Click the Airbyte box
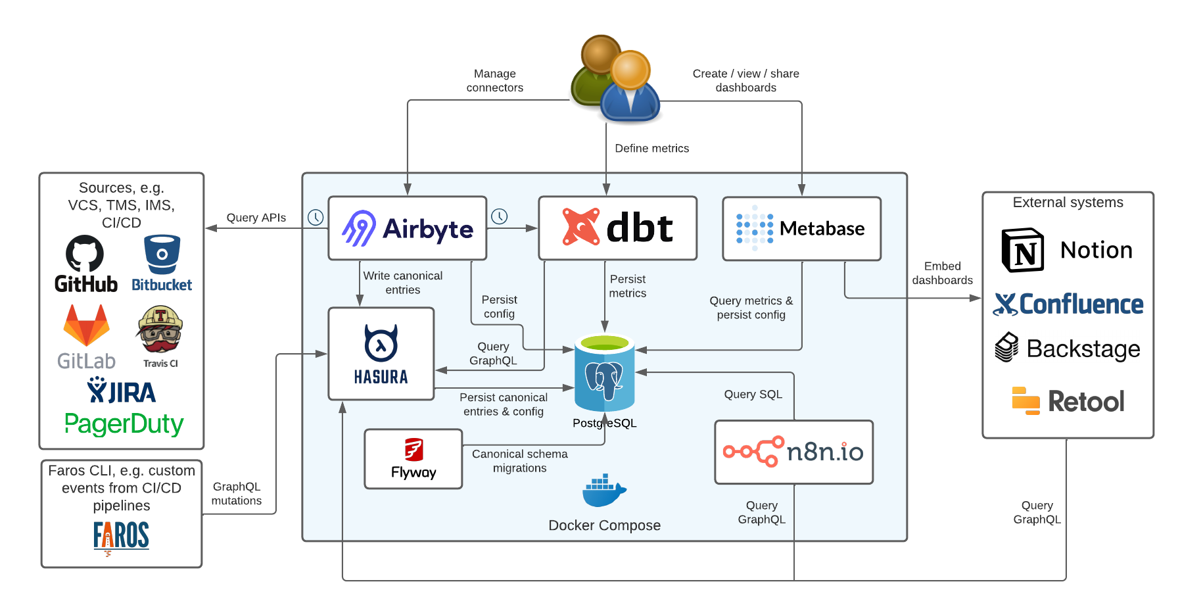pos(407,228)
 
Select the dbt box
pos(617,228)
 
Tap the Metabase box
pos(801,228)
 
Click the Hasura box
pos(381,354)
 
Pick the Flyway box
pos(413,459)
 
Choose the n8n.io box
pos(793,452)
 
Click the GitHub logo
pos(85,264)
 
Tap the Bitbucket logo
pos(162,264)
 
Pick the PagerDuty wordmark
pos(124,424)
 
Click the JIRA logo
pos(122,391)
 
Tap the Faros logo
pos(121,536)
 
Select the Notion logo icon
pos(1022,251)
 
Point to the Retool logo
pos(1068,401)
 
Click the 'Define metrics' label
pos(651,149)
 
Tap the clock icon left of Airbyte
pos(316,217)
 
